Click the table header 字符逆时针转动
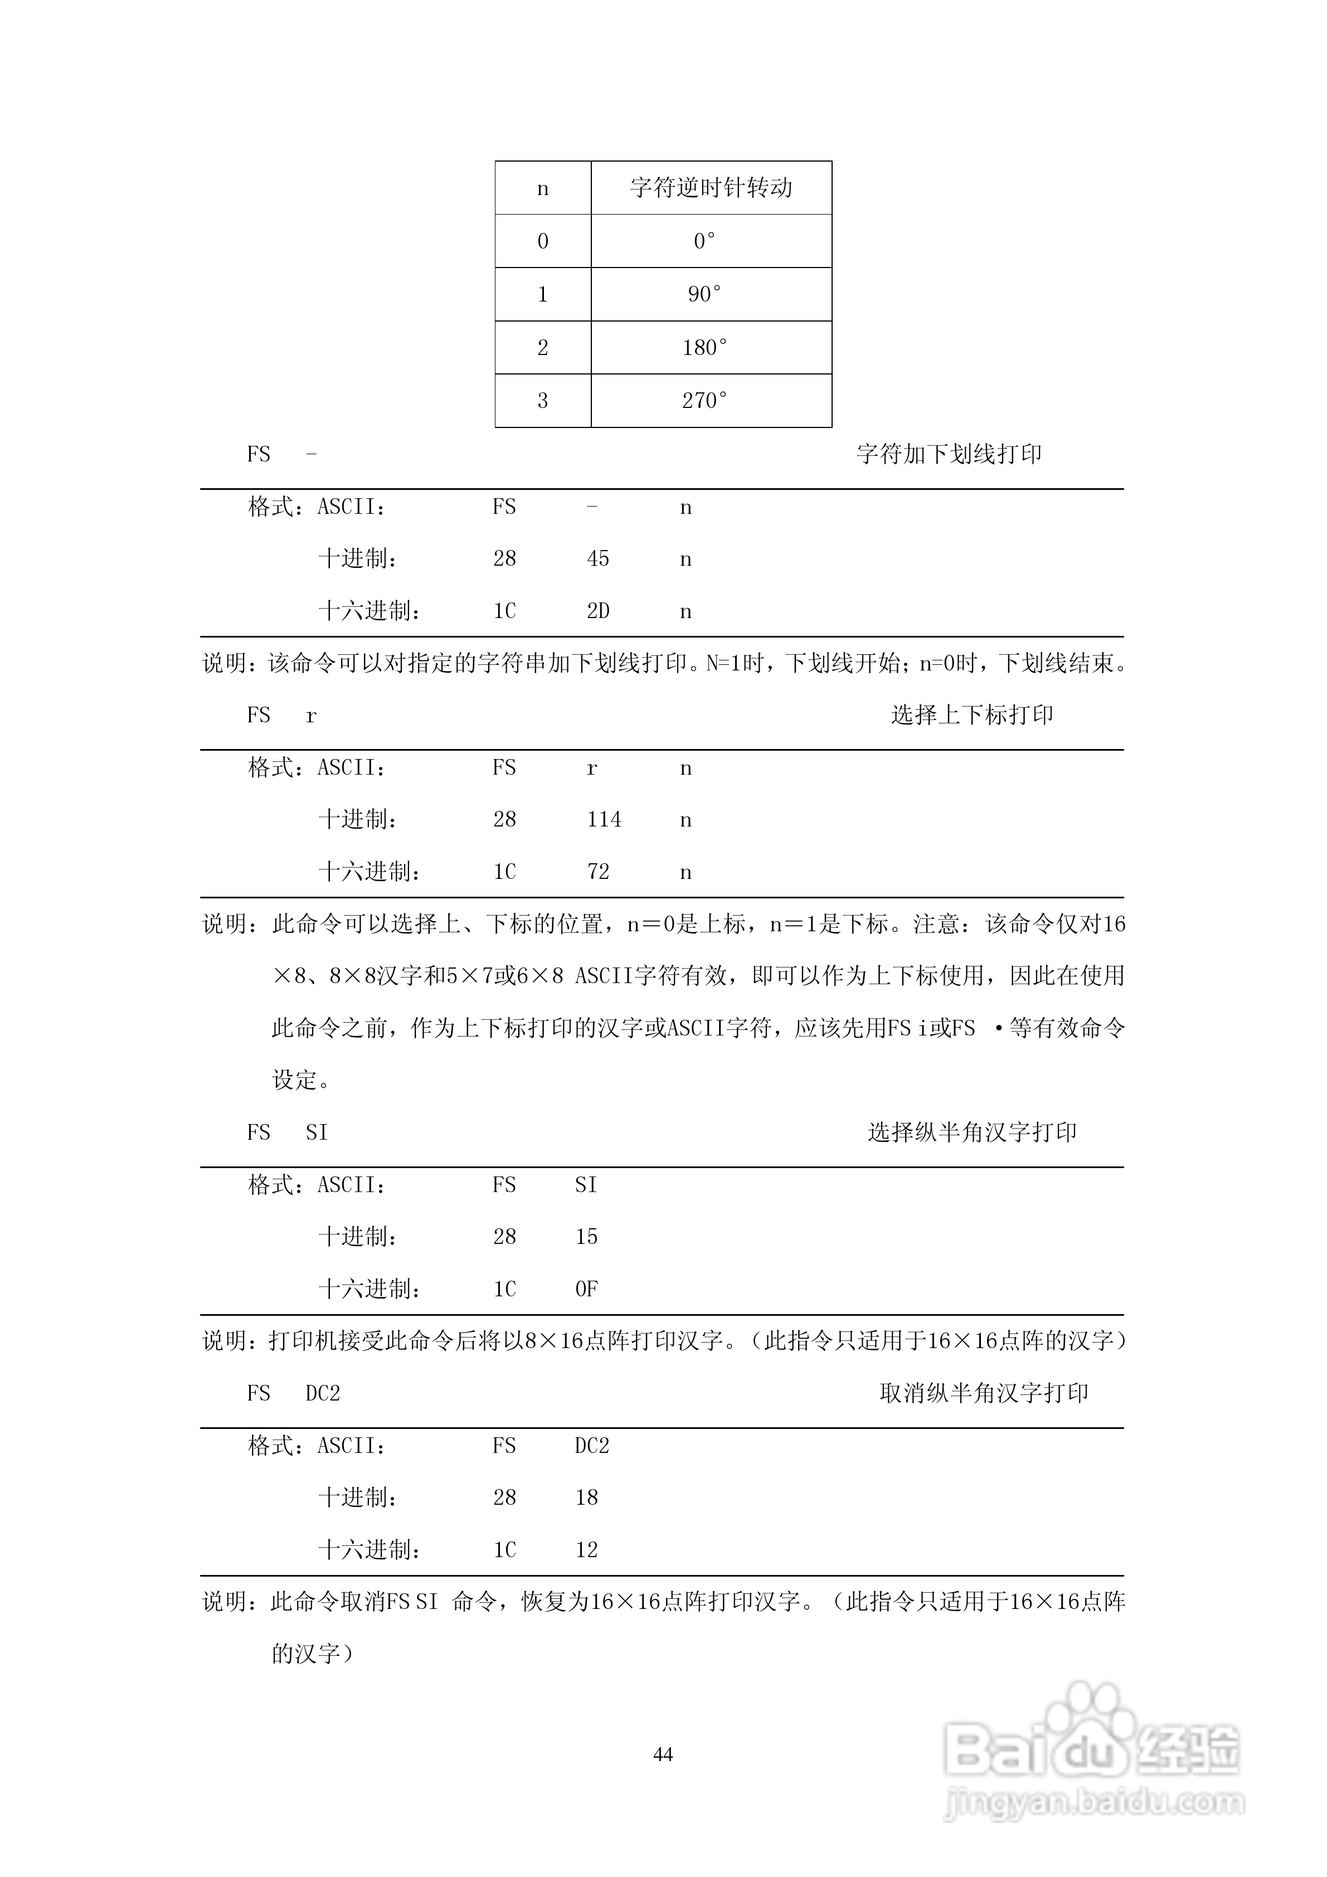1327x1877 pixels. [x=711, y=188]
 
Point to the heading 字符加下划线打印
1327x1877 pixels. [x=949, y=454]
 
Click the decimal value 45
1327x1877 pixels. [x=597, y=558]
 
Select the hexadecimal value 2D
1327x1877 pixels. [x=597, y=611]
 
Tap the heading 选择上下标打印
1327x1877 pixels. [x=971, y=714]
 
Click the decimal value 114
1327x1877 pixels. [x=604, y=819]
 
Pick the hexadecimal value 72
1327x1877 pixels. [x=597, y=872]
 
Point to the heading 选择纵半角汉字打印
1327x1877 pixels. [x=971, y=1132]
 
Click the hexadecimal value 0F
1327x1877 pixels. [x=586, y=1289]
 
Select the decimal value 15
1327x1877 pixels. [x=586, y=1237]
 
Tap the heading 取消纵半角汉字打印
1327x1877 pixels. [x=984, y=1393]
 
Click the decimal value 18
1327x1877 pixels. [x=586, y=1497]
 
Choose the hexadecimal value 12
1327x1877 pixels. [x=586, y=1550]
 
